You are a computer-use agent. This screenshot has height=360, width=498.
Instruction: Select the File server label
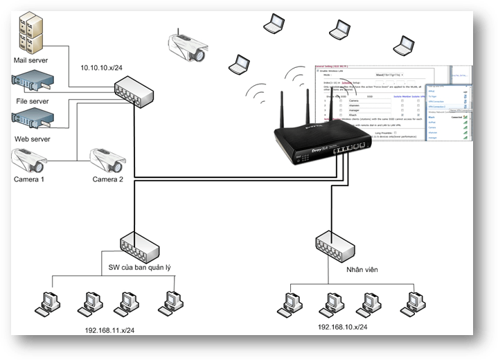32,102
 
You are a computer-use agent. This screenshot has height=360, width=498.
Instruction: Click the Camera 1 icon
29,160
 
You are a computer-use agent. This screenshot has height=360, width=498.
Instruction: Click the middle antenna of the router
331,111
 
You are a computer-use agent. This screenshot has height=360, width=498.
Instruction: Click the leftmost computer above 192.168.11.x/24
49,303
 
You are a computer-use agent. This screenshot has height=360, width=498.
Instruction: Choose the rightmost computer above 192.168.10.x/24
415,302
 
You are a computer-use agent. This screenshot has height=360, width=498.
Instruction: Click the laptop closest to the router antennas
240,64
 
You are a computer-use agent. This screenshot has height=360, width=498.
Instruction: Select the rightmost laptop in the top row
403,45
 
